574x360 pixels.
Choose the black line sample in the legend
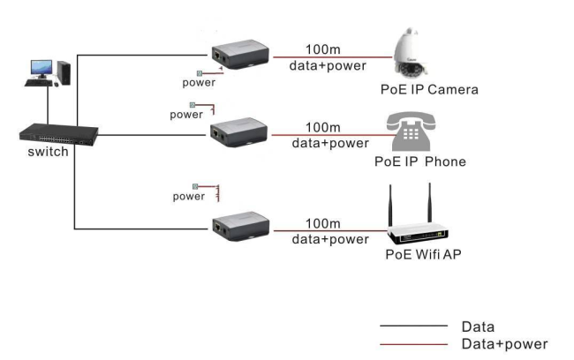click(x=413, y=326)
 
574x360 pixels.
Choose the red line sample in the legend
click(x=413, y=343)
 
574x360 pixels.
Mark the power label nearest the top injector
click(x=198, y=83)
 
